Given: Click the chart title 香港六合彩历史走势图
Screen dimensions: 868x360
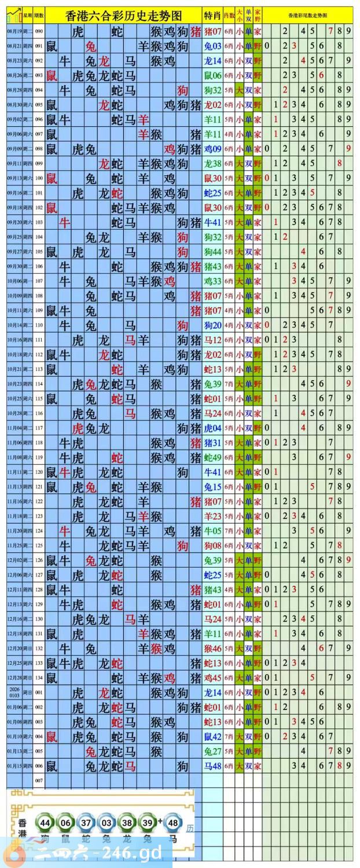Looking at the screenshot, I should [123, 15].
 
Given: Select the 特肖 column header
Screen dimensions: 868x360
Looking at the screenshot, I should [212, 15].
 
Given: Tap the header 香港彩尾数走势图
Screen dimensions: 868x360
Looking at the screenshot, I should [307, 15].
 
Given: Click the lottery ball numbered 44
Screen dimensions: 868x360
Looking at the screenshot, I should [45, 823].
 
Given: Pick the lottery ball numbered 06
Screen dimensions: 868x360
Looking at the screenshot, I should [66, 823].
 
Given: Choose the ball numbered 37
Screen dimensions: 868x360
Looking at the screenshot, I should [87, 823].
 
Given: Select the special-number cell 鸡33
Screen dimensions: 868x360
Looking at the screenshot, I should [212, 281].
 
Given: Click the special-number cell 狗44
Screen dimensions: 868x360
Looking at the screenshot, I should [212, 252].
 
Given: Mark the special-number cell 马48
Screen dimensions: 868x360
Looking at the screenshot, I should [212, 766].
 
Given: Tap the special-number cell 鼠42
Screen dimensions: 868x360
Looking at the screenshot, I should [212, 736].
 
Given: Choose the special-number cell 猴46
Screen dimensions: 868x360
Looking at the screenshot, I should [212, 648].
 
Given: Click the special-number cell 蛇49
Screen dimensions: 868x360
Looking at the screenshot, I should [212, 457].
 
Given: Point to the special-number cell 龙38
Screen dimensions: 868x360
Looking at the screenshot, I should [212, 163].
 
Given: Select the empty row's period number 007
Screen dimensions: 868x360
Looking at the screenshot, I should [39, 780].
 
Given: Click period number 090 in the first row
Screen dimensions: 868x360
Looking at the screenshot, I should [39, 31].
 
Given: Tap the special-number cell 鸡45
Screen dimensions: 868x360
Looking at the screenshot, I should [212, 677].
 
